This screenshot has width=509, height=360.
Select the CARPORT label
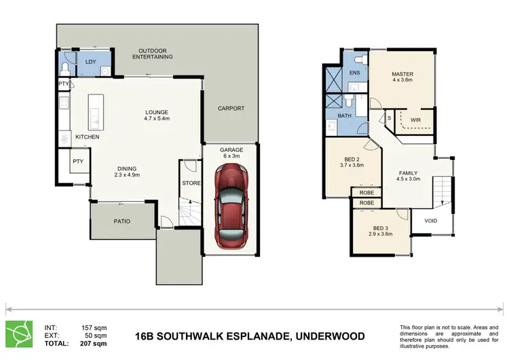(x=231, y=109)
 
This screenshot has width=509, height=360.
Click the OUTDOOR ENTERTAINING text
(x=153, y=54)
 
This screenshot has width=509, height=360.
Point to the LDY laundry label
(x=90, y=62)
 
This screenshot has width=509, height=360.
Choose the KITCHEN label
(x=87, y=137)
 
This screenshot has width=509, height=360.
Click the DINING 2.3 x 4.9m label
(x=126, y=173)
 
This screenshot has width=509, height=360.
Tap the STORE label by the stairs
(x=191, y=183)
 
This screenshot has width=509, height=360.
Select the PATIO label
(x=121, y=221)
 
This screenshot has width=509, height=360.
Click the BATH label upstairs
(x=345, y=116)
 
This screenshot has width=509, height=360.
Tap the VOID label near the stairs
(x=430, y=221)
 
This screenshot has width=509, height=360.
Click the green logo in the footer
(x=20, y=332)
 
